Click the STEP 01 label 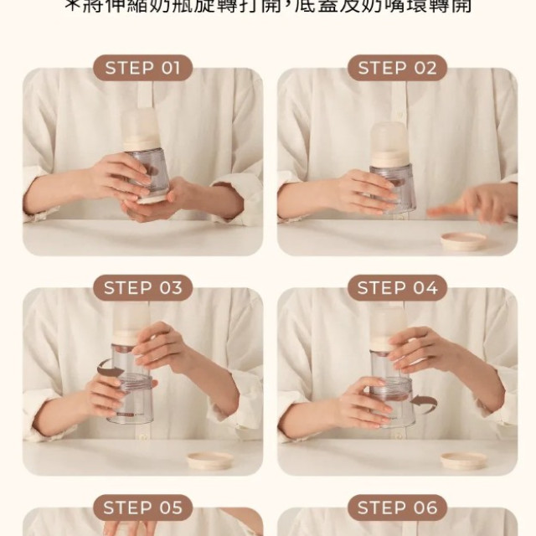click(142, 68)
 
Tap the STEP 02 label click(397, 68)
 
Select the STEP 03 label click(142, 288)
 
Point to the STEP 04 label click(397, 288)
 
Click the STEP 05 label click(142, 508)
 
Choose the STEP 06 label click(397, 508)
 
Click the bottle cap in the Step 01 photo click(140, 128)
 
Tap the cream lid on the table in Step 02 click(463, 240)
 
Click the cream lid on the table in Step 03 click(209, 460)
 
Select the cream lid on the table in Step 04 click(464, 460)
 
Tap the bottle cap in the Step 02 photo click(389, 136)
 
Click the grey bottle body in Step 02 click(394, 184)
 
